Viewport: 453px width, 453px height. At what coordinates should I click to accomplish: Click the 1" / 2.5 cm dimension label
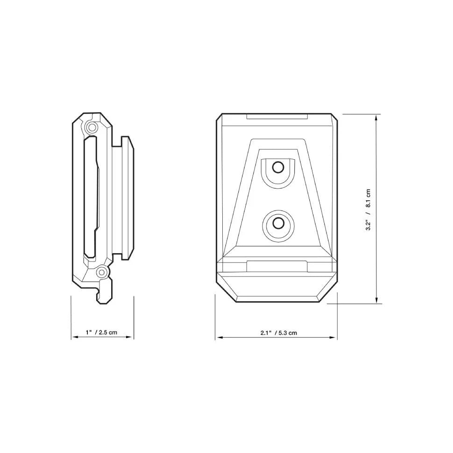101,333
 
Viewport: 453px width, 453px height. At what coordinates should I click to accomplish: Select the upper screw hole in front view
278,167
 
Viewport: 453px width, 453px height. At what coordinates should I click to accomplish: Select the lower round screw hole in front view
278,223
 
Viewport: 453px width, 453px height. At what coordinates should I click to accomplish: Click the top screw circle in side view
92,127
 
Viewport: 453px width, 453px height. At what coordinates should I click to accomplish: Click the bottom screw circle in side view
101,271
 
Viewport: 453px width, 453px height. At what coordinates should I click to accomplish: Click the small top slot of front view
277,116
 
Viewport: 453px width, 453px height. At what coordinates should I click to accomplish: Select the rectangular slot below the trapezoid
277,266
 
